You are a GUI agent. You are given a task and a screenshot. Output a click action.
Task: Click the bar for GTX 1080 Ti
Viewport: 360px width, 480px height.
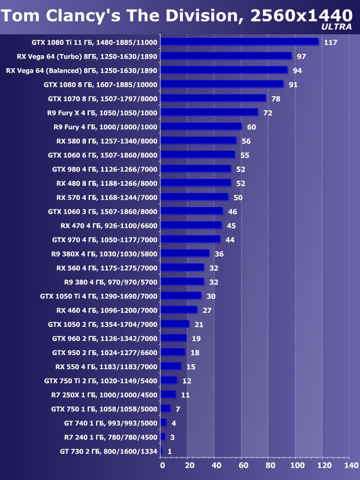(x=240, y=42)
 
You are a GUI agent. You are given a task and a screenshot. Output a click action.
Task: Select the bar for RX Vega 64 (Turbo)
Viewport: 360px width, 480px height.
(x=226, y=56)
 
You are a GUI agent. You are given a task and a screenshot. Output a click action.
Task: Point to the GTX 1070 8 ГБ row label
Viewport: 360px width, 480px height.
(x=103, y=98)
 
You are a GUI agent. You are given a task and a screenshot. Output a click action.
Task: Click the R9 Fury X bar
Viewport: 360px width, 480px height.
(x=209, y=113)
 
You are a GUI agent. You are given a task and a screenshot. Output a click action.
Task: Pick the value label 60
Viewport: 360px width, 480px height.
(x=251, y=127)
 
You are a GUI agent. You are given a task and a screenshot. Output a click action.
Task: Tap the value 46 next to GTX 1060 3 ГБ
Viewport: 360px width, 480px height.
(x=232, y=212)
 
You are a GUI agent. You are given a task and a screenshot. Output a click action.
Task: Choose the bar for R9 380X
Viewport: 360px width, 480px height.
(x=185, y=254)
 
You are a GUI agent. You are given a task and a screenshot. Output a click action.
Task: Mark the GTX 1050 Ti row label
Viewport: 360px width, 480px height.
(x=99, y=296)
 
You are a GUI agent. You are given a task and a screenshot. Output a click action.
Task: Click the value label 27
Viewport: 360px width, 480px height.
(x=207, y=310)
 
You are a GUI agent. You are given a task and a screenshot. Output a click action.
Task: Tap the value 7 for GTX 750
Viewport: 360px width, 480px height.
(x=177, y=409)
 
